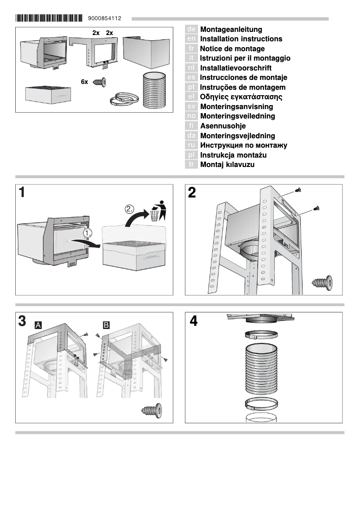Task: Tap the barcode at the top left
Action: coord(49,19)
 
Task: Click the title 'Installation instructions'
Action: coord(241,39)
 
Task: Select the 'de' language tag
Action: coord(191,29)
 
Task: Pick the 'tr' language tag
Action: coord(191,165)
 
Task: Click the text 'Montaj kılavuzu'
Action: coord(227,165)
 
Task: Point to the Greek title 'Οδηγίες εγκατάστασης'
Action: coord(241,97)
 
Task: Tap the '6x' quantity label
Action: coord(84,82)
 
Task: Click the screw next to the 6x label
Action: coord(99,82)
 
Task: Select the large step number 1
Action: coord(22,193)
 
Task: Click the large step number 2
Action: coord(192,193)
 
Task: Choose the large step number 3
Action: coord(22,321)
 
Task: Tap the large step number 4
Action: coord(193,321)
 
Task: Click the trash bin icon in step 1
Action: coord(157,211)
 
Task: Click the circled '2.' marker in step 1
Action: coord(130,209)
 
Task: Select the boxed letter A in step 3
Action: coord(39,325)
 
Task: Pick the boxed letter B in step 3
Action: coord(106,325)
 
